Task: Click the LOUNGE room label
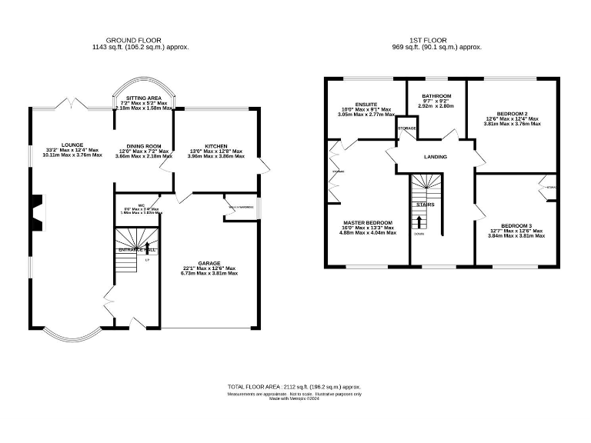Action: click(72, 145)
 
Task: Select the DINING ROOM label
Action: click(143, 146)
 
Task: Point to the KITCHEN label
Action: click(215, 146)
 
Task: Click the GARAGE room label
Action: click(209, 263)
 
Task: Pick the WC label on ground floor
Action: click(142, 204)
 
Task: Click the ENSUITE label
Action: click(366, 104)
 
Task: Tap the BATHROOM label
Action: click(436, 96)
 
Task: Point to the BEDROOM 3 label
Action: click(516, 225)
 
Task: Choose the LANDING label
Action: click(436, 157)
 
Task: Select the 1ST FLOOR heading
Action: click(436, 41)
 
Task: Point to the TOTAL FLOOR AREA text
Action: click(294, 386)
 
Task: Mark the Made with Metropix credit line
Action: click(294, 398)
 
